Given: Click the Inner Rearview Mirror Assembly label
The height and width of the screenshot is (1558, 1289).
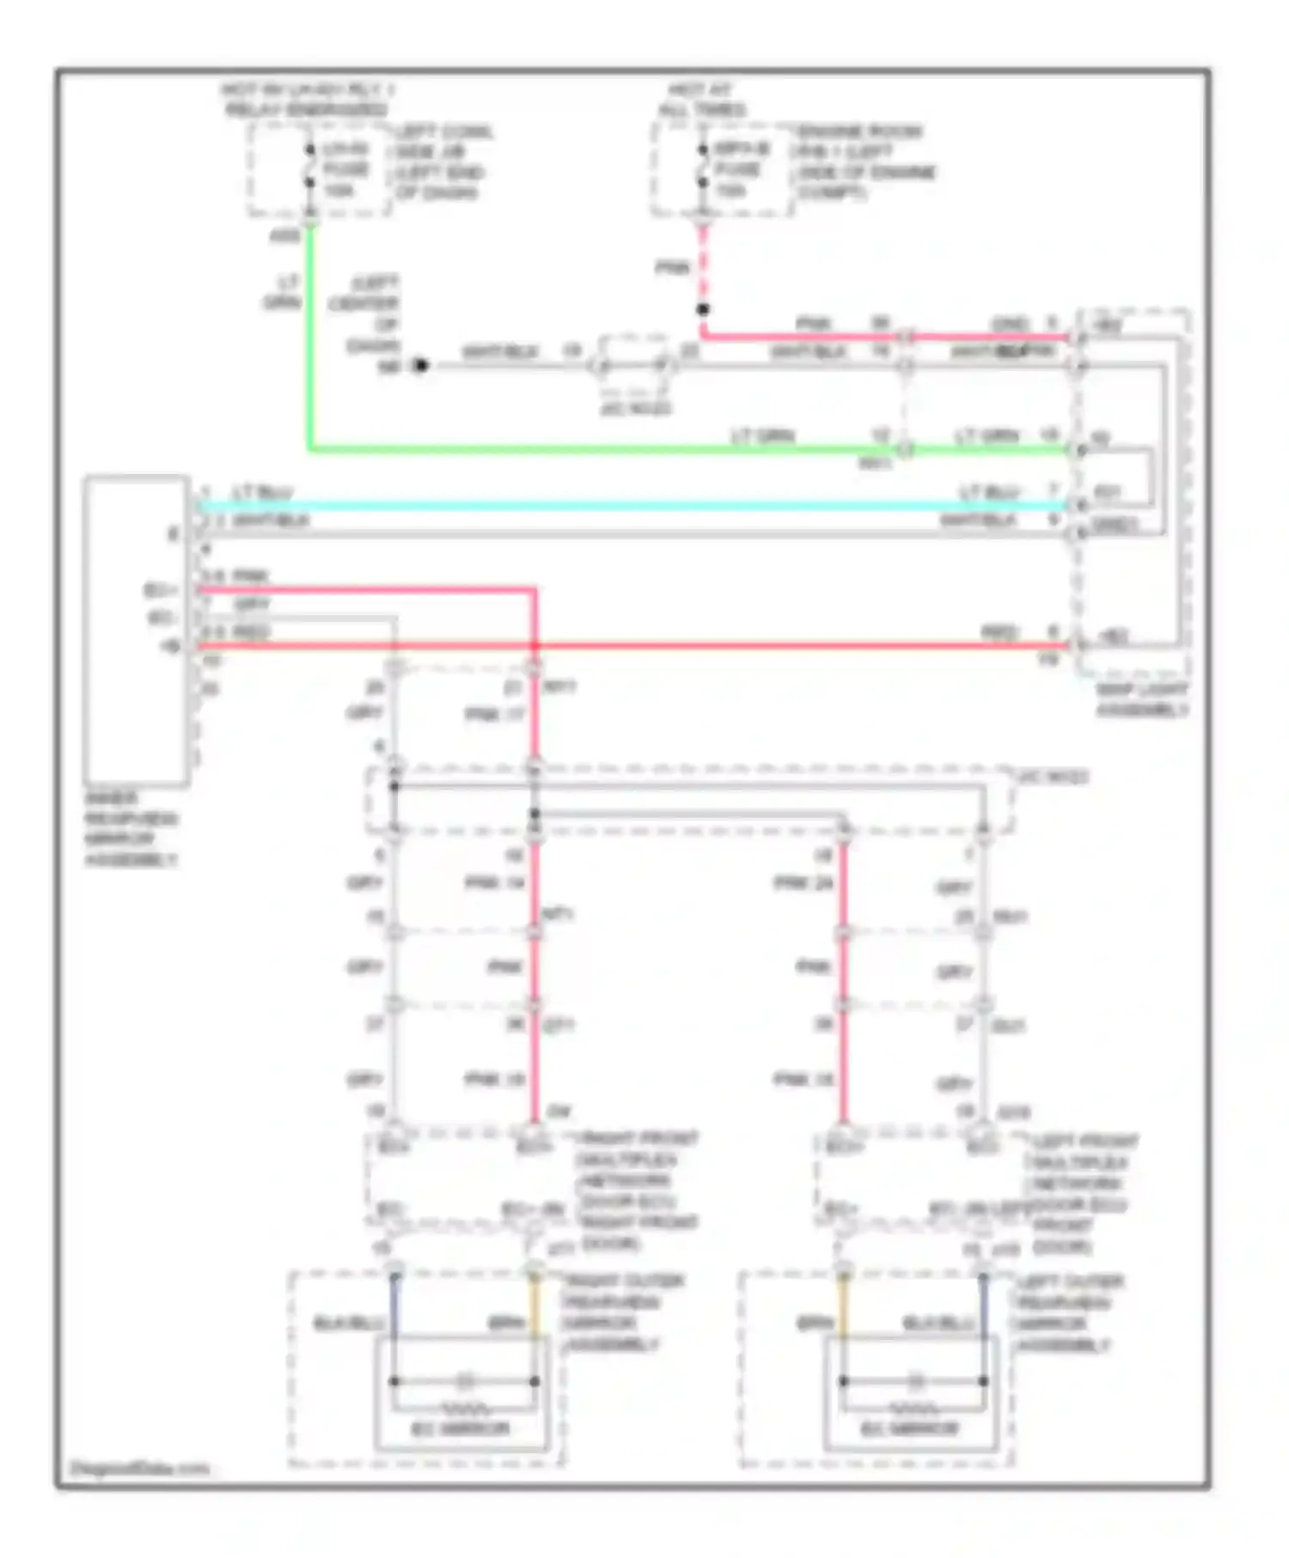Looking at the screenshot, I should pyautogui.click(x=131, y=829).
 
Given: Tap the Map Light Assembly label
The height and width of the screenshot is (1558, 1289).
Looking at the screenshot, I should pyautogui.click(x=1142, y=700).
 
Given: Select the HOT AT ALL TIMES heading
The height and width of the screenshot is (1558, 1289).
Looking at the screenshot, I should pyautogui.click(x=702, y=100).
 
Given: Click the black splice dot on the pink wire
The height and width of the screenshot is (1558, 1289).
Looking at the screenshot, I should pyautogui.click(x=703, y=309).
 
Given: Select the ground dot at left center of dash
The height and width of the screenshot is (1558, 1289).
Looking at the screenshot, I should pyautogui.click(x=420, y=366).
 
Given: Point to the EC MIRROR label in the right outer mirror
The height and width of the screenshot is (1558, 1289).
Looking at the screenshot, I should pyautogui.click(x=461, y=1429).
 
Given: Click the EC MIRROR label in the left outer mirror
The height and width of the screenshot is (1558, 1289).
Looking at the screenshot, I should pyautogui.click(x=911, y=1429).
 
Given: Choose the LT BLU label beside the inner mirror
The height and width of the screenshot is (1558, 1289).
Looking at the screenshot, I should pyautogui.click(x=263, y=492).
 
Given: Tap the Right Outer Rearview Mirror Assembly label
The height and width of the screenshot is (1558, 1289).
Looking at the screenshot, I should pyautogui.click(x=623, y=1312).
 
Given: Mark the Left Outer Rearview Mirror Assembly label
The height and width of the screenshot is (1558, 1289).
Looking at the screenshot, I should pyautogui.click(x=1070, y=1312).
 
